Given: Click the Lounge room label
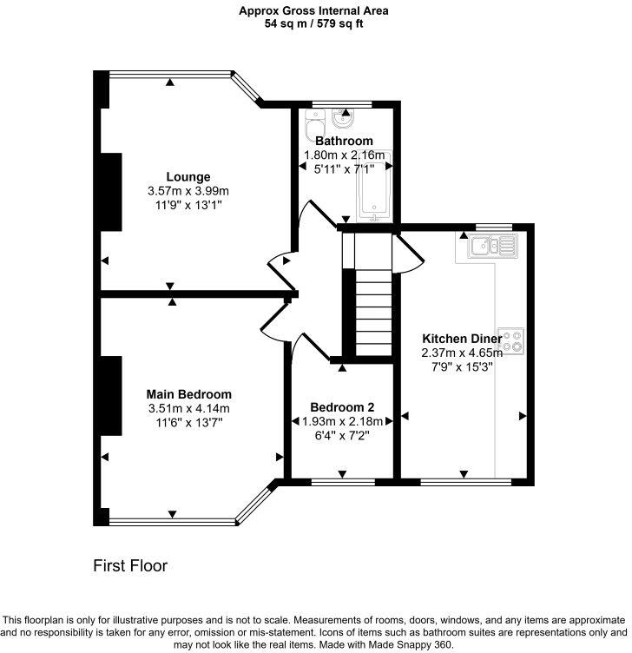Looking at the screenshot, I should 188,177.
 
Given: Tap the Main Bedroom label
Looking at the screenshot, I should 188,393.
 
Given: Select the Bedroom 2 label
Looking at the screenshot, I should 342,406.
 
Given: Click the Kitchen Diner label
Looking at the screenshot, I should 461,339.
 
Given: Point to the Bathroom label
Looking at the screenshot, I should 344,141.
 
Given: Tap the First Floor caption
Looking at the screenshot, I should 130,566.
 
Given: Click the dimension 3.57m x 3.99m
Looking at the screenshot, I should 188,191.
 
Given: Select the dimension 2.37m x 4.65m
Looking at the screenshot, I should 461,353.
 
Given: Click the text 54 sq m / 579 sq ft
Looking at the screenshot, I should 314,24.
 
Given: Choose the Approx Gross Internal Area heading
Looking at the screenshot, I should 314,11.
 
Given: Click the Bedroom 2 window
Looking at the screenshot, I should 343,480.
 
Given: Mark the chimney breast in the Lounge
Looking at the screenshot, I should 110,192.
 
